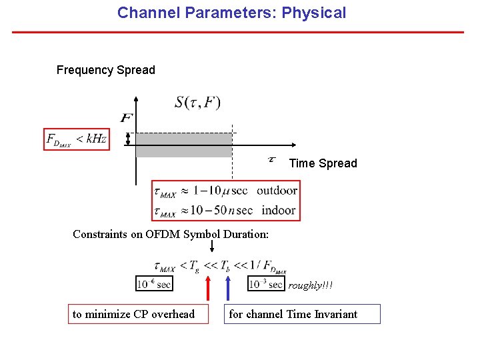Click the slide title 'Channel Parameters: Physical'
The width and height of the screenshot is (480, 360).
pos(231,13)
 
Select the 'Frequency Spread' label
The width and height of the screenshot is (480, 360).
pos(105,70)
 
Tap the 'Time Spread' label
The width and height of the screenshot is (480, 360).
pos(323,163)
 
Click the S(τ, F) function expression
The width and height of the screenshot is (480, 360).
pos(197,102)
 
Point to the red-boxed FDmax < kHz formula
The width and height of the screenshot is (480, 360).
pos(77,139)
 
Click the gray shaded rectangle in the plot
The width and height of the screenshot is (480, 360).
pos(183,145)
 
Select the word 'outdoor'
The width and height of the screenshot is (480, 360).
pos(277,191)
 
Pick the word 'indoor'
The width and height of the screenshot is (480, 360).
pos(278,210)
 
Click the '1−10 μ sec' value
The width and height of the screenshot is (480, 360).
pos(218,191)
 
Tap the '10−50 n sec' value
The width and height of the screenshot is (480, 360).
pos(221,210)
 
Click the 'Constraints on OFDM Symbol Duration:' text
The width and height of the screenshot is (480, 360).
pos(171,234)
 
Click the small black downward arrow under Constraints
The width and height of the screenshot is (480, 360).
pos(211,247)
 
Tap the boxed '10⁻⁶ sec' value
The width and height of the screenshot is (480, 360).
pos(154,284)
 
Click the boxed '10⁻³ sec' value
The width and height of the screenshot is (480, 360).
pos(265,284)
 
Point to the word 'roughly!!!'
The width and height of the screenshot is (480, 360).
pos(310,285)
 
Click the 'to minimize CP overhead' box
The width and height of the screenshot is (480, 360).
pos(134,314)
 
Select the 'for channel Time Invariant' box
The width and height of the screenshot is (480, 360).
pos(301,314)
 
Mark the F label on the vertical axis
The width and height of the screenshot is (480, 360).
pos(126,119)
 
